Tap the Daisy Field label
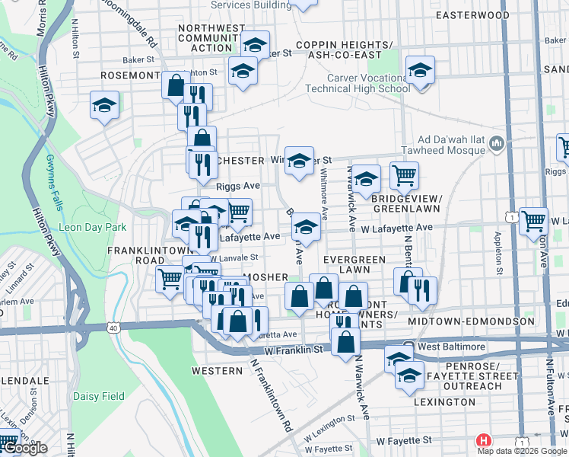coord(98,396)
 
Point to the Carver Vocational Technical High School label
coord(369,83)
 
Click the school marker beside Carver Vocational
coord(419,72)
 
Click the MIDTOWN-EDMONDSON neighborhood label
coord(472,321)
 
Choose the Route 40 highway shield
coord(113,328)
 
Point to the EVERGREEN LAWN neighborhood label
coord(354,264)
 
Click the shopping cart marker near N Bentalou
coord(404,175)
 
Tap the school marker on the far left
coord(104,106)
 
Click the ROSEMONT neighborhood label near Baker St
coord(130,76)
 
